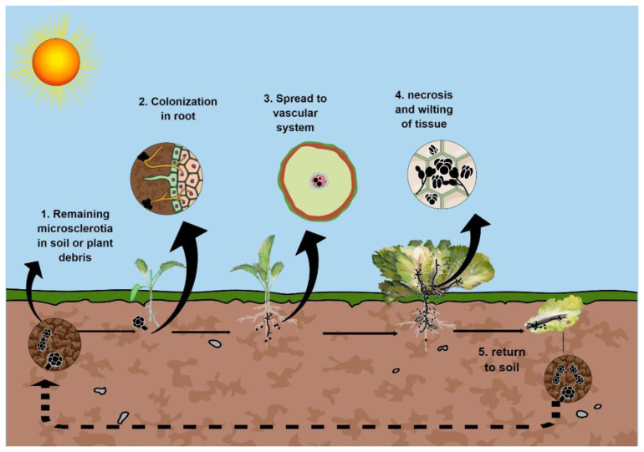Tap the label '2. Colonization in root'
tap(177, 109)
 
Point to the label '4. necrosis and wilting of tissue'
tap(437, 114)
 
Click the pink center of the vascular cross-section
tap(317, 180)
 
